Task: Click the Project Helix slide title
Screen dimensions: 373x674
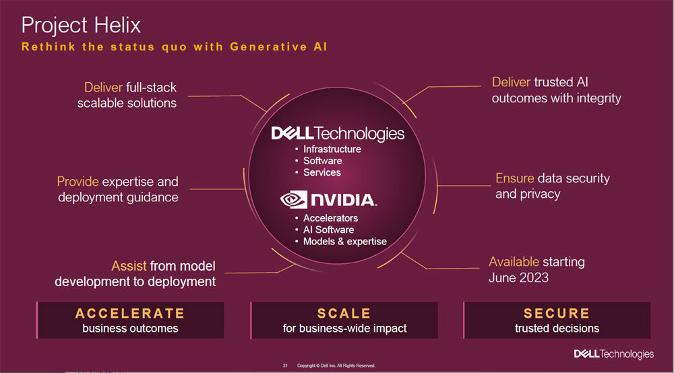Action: tap(81, 26)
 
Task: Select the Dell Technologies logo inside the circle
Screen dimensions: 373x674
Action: tap(338, 133)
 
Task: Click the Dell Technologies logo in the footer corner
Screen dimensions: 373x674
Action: tap(613, 354)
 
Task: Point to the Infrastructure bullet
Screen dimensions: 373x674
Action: tap(332, 149)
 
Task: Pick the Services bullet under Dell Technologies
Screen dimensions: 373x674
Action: tap(321, 172)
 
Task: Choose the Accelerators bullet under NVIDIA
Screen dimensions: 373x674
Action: tap(330, 218)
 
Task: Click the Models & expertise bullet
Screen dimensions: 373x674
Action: tap(344, 241)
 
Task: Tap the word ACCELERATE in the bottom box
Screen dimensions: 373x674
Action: tap(130, 313)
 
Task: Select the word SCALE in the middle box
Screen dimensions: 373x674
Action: tap(344, 313)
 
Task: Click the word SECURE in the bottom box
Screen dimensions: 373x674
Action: tap(557, 313)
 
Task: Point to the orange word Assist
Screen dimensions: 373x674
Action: tap(129, 266)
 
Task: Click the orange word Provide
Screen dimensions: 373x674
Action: tap(78, 182)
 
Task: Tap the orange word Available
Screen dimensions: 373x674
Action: tap(514, 262)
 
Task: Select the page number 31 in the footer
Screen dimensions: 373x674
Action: tap(284, 366)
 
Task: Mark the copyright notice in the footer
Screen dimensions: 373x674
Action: tap(336, 366)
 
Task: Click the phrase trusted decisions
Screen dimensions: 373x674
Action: tap(557, 329)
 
